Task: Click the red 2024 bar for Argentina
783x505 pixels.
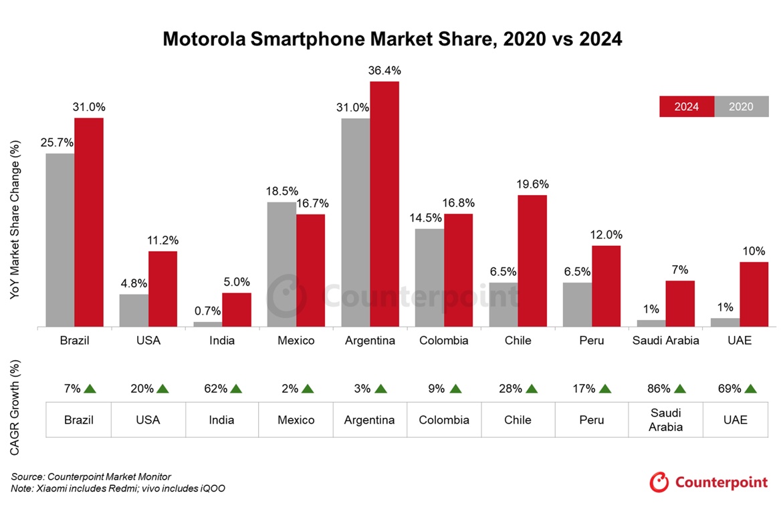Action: pyautogui.click(x=384, y=204)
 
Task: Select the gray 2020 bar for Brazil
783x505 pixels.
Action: pyautogui.click(x=60, y=240)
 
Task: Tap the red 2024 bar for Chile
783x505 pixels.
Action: pyautogui.click(x=532, y=261)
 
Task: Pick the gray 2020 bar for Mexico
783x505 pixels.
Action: pyautogui.click(x=282, y=264)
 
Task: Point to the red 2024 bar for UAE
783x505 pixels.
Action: pyautogui.click(x=754, y=294)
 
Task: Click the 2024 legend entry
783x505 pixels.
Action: pyautogui.click(x=686, y=107)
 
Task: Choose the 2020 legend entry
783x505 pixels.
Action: pyautogui.click(x=741, y=107)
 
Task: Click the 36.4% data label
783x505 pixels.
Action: pyautogui.click(x=384, y=70)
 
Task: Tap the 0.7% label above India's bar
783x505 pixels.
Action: pyautogui.click(x=207, y=311)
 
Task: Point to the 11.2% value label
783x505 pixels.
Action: pyautogui.click(x=162, y=240)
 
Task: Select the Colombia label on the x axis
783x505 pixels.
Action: pyautogui.click(x=444, y=341)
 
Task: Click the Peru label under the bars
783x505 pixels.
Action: pyautogui.click(x=592, y=341)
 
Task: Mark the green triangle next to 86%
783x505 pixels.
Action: pyautogui.click(x=681, y=388)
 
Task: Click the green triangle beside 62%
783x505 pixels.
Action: pyautogui.click(x=235, y=388)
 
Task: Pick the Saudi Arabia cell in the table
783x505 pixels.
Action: pyautogui.click(x=665, y=419)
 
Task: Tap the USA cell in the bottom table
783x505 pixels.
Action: pyautogui.click(x=148, y=419)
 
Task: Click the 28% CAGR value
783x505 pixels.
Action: pyautogui.click(x=510, y=388)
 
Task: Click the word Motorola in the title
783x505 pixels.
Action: pyautogui.click(x=203, y=39)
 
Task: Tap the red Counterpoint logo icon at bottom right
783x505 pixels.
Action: pyautogui.click(x=659, y=482)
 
